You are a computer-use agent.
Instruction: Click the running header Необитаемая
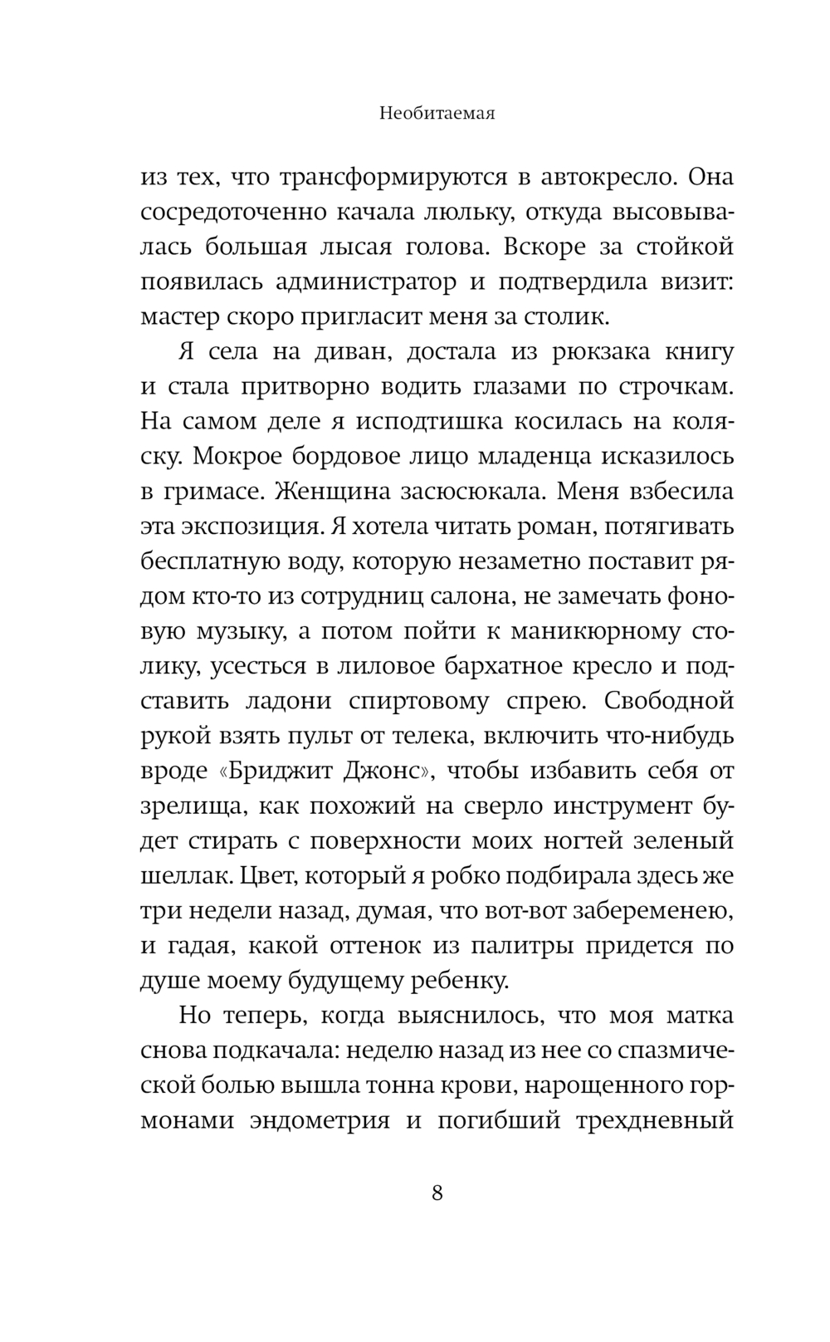pos(437,114)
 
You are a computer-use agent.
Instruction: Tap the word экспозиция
pos(250,527)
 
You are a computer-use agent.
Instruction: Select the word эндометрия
pos(320,1120)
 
